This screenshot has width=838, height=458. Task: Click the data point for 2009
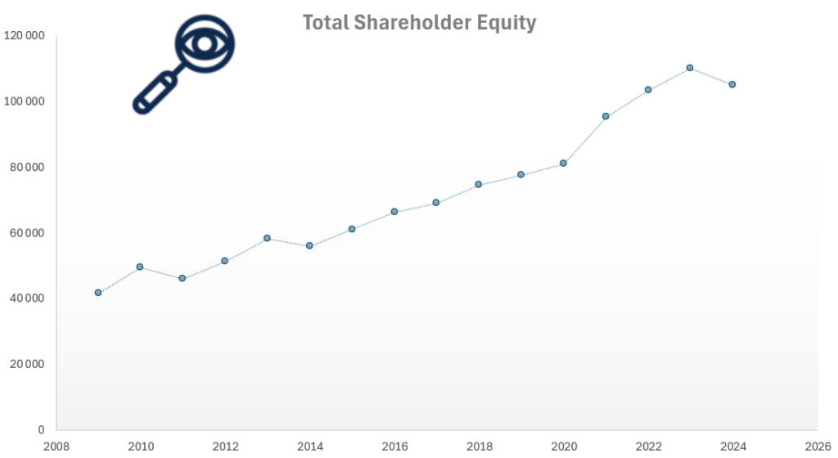98,292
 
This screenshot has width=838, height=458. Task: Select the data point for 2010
140,267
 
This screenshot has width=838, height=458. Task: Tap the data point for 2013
267,238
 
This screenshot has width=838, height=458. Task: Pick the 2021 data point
606,116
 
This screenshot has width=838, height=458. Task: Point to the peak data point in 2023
690,68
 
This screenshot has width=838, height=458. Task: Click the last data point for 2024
732,84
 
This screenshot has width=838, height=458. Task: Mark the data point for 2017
436,202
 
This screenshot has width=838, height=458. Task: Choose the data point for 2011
182,278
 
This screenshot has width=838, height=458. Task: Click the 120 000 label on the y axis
24,36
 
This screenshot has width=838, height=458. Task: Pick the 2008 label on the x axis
56,447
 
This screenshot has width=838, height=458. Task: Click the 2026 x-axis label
818,447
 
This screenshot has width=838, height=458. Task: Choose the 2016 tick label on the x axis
394,447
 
